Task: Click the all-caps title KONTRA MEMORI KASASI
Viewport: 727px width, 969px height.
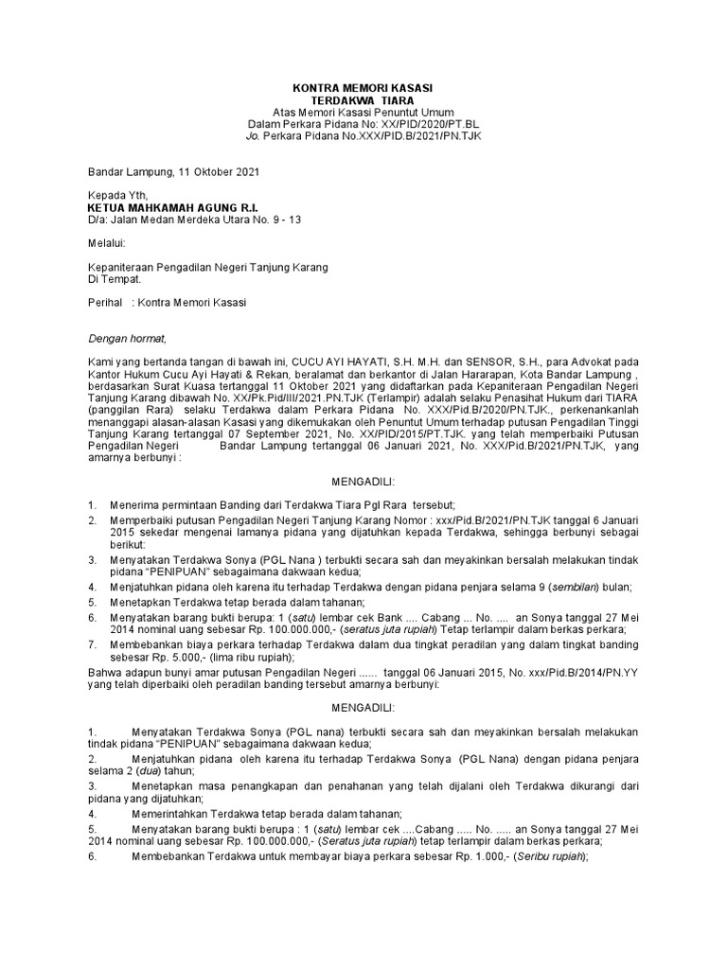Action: point(363,87)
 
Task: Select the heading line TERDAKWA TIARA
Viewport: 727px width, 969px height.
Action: point(363,99)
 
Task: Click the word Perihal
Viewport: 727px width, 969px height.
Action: point(105,305)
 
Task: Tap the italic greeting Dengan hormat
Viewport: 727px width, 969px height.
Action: point(127,339)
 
